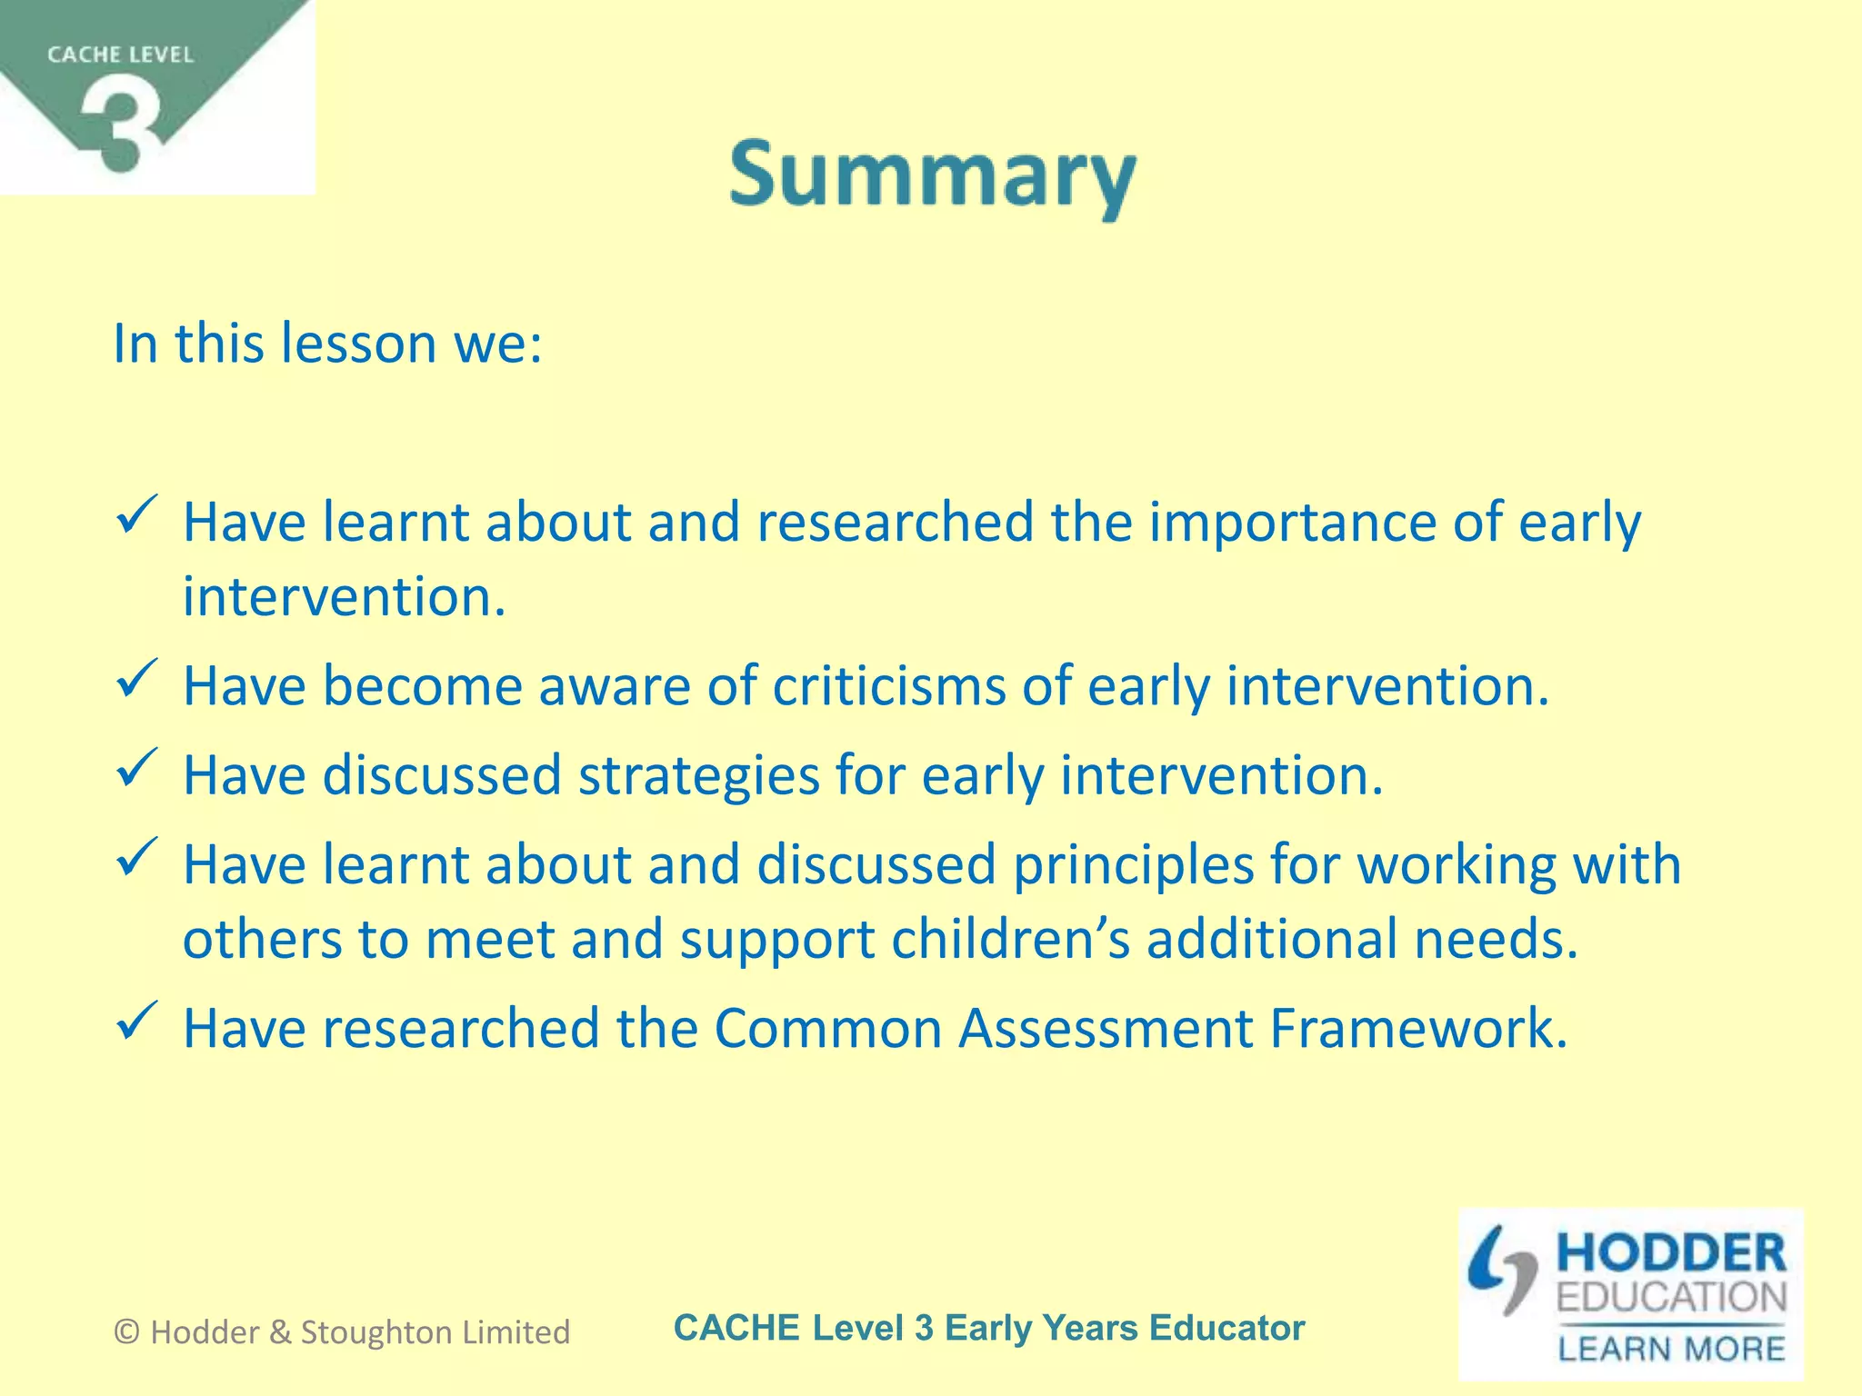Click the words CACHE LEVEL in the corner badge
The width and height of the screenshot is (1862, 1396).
[x=120, y=55]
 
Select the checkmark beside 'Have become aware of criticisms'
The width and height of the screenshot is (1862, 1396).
[x=137, y=679]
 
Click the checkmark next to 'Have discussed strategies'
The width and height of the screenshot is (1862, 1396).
[x=137, y=768]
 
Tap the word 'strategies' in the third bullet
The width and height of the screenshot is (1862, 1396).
[x=698, y=775]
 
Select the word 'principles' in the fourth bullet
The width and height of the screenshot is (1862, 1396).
[x=1133, y=864]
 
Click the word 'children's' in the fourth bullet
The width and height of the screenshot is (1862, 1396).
[x=1010, y=939]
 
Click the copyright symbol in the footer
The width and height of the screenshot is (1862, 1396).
[x=126, y=1332]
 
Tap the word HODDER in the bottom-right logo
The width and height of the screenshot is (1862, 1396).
[x=1671, y=1253]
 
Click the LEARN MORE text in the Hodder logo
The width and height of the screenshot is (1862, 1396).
[x=1671, y=1349]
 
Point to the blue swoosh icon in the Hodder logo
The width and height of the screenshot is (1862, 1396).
[x=1501, y=1269]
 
